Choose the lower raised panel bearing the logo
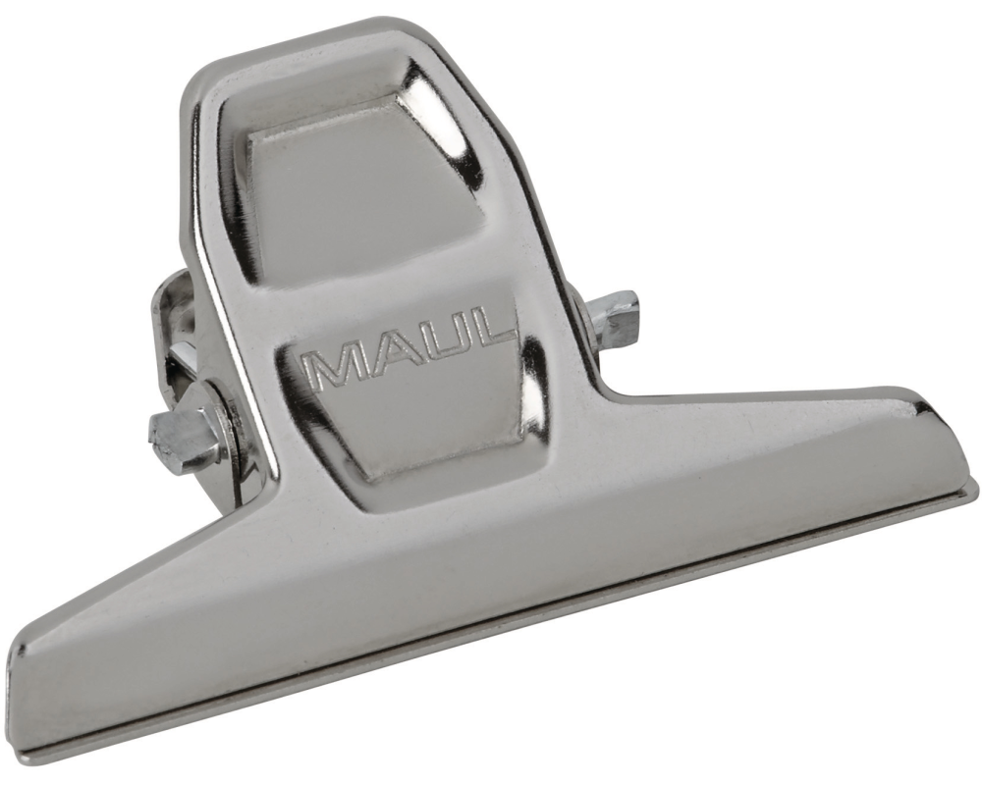[x=412, y=392]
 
